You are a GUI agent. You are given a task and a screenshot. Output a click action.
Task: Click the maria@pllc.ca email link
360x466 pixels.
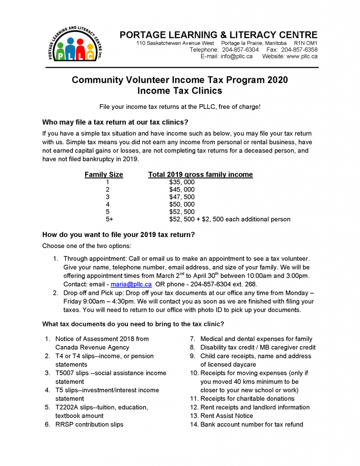pos(131,284)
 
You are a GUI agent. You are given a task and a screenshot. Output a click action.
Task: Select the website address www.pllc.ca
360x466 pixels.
pos(302,56)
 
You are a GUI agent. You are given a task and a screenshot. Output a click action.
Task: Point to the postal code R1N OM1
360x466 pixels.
pos(306,43)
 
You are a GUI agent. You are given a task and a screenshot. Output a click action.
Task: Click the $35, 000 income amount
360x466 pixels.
pos(182,182)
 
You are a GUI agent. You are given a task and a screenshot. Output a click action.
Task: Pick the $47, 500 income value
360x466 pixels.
pos(182,197)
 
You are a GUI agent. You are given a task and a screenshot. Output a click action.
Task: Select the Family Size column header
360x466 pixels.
pos(104,175)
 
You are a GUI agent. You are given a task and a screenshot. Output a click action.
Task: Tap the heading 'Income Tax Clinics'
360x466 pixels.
pos(180,91)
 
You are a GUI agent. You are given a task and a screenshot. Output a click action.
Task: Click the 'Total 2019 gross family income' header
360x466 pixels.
pos(200,175)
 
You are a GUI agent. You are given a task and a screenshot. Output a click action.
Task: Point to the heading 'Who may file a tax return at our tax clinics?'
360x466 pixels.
pos(115,122)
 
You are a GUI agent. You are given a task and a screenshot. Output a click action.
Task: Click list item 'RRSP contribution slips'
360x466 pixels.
pos(89,424)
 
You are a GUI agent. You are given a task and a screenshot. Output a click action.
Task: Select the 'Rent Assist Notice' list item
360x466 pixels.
pos(227,415)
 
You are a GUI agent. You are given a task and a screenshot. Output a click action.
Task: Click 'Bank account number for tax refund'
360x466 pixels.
pos(252,424)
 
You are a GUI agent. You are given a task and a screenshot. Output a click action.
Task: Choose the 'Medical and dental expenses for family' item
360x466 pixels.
pos(256,339)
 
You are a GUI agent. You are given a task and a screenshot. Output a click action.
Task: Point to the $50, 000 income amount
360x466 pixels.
pos(182,204)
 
